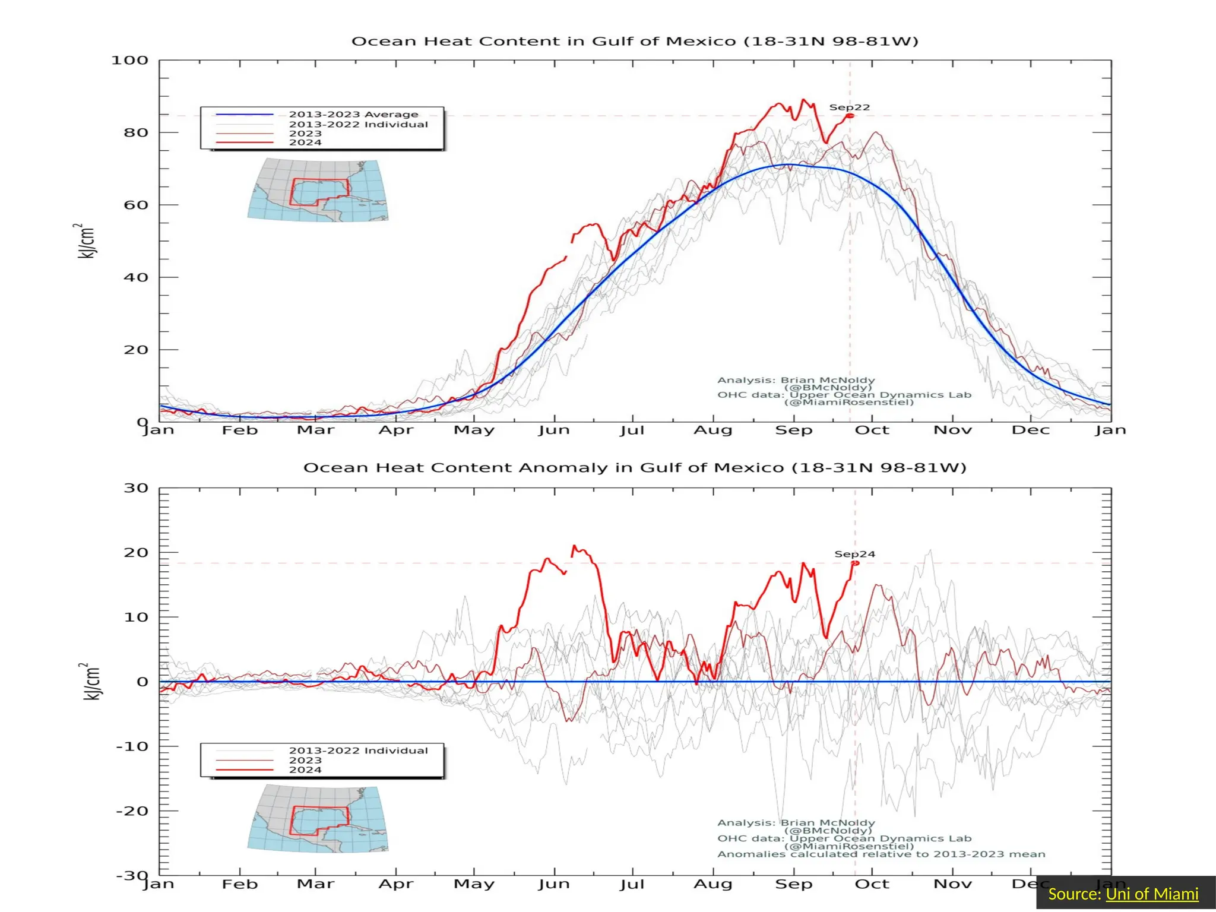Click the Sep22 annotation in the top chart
click(849, 107)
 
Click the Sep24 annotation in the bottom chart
click(854, 554)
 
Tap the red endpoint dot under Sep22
click(850, 116)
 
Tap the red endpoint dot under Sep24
click(855, 563)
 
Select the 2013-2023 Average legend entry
click(353, 114)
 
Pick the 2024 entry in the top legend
click(305, 142)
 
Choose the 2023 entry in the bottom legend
click(305, 760)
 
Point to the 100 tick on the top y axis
click(129, 61)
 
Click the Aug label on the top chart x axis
click(712, 430)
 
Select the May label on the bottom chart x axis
click(474, 884)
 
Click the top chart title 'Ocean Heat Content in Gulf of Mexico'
click(634, 42)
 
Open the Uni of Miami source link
click(1152, 894)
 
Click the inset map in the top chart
click(318, 191)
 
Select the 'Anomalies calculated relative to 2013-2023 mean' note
click(881, 854)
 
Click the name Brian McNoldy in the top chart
click(827, 380)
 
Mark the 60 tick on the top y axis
click(135, 205)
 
